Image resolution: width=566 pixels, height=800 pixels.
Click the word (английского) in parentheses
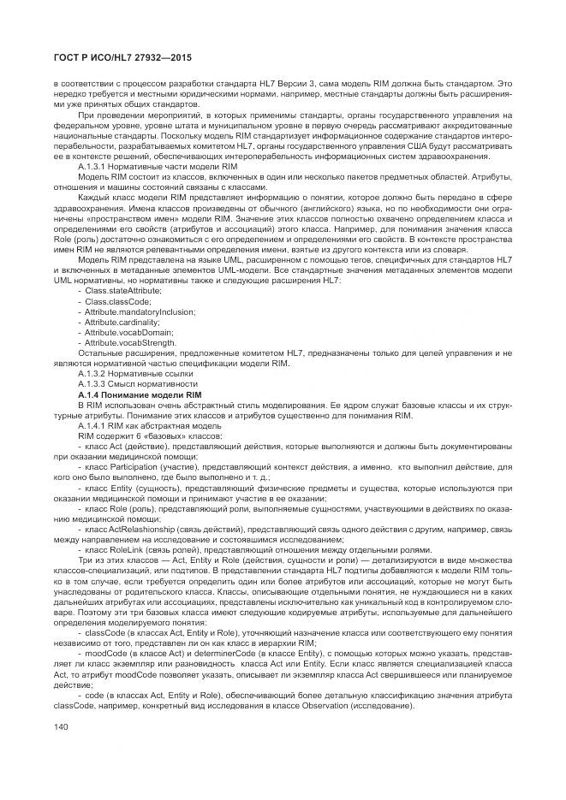[x=279, y=217]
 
